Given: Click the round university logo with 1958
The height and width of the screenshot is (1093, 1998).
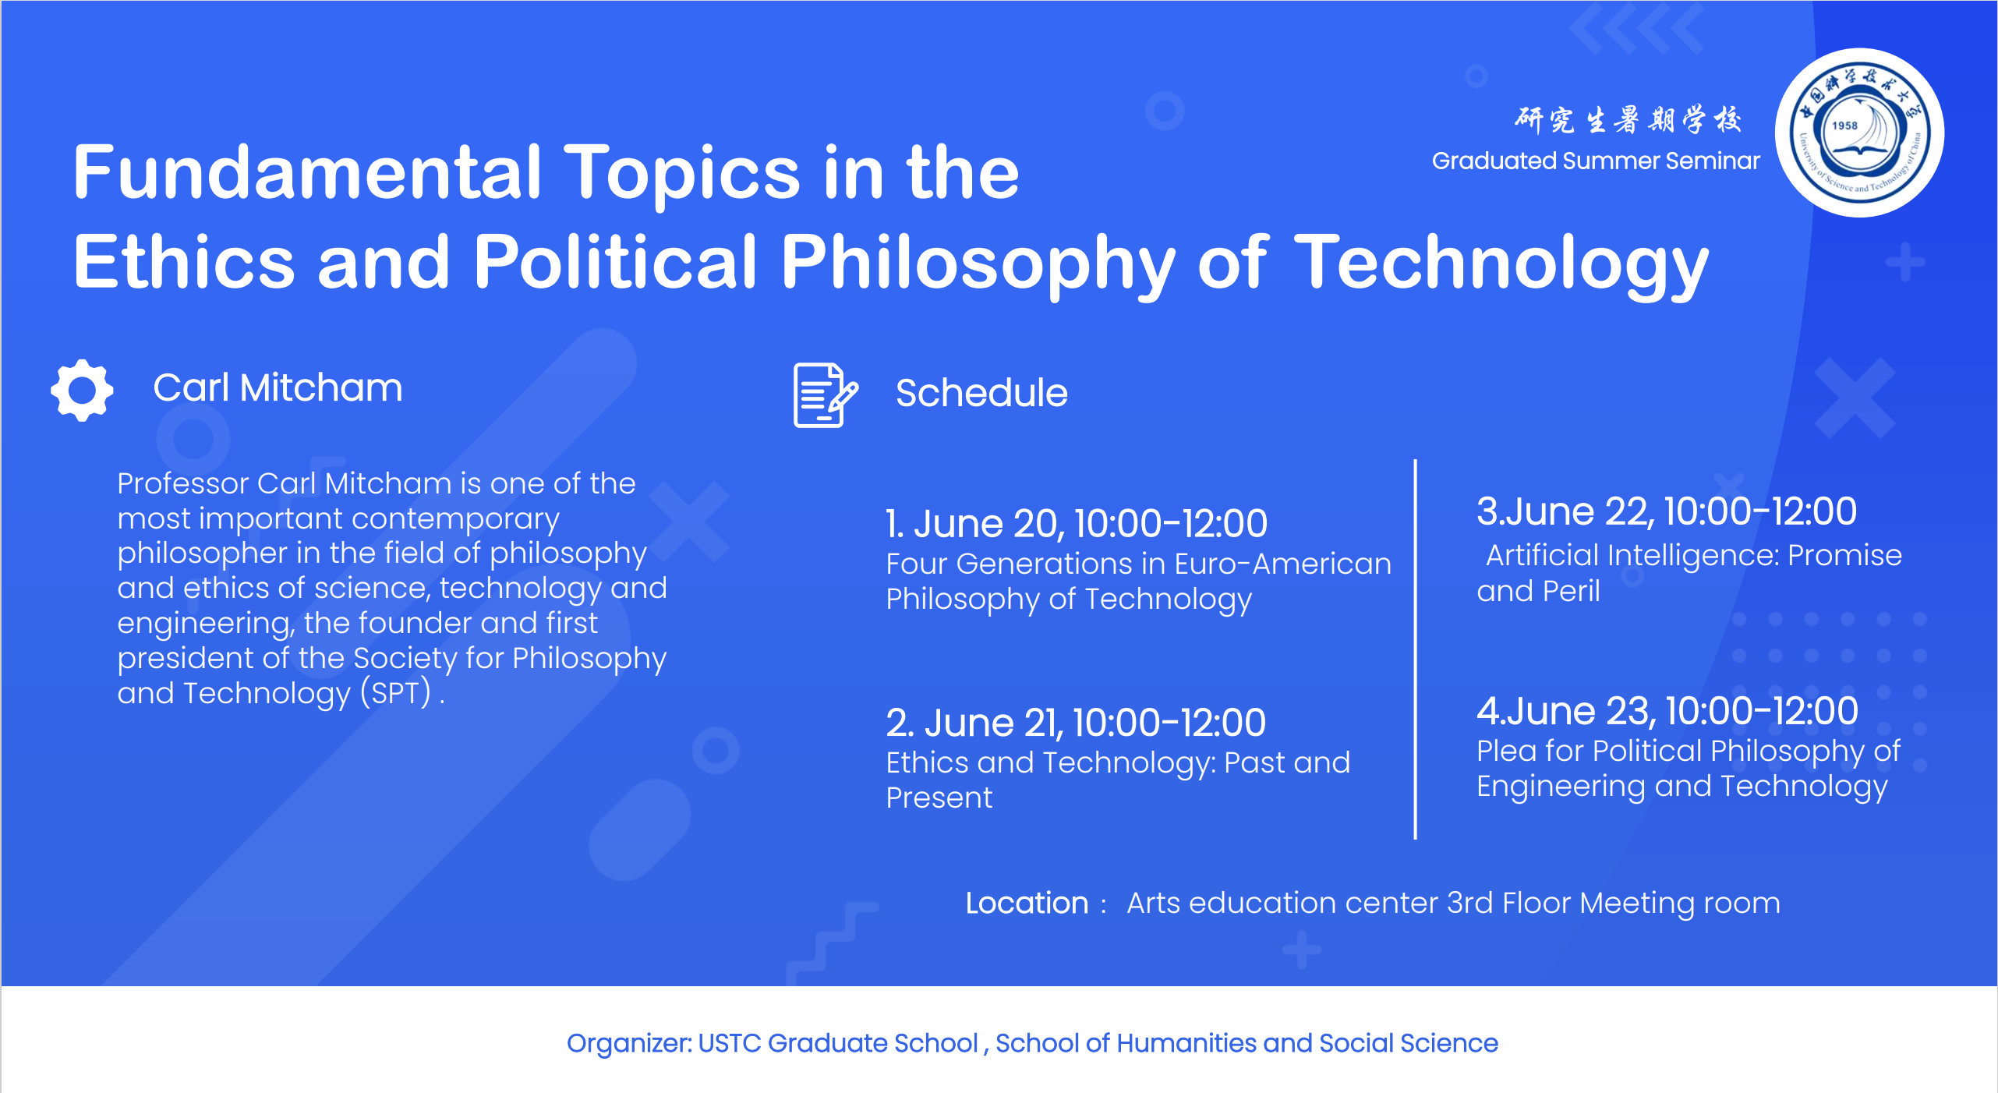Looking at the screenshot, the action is (x=1859, y=133).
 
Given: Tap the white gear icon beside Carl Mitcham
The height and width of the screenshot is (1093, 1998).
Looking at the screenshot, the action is (x=82, y=390).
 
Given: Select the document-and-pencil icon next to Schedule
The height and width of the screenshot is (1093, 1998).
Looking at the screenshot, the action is (x=825, y=394).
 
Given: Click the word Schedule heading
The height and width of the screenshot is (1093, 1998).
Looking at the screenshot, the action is (x=981, y=393).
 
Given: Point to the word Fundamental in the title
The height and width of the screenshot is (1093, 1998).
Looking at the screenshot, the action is (x=306, y=173).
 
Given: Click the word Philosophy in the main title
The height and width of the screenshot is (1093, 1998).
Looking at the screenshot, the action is (x=978, y=264).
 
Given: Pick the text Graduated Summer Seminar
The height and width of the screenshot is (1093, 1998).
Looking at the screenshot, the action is (x=1596, y=161).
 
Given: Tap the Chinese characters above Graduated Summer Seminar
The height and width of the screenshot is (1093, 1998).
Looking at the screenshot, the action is (x=1628, y=119).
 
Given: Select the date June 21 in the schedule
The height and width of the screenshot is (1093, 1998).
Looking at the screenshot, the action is (x=992, y=723).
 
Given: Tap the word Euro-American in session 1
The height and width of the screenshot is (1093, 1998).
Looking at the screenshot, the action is (x=1282, y=564).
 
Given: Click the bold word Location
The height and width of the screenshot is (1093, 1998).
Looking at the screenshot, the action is (x=1027, y=903).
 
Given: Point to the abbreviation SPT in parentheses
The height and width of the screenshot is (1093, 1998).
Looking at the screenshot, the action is (x=396, y=693).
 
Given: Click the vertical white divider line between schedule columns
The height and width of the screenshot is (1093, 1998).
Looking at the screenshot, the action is (x=1415, y=649).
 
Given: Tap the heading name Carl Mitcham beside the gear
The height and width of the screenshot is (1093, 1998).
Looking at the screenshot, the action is (x=278, y=388).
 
